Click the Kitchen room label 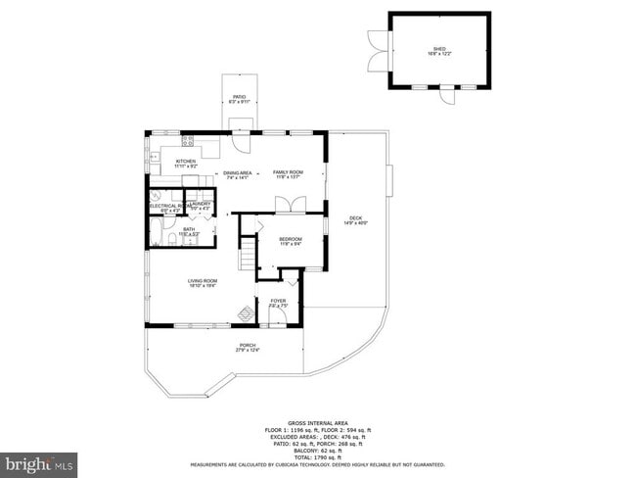point(185,162)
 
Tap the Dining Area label point(239,172)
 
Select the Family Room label point(288,172)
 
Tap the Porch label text point(247,345)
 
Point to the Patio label point(239,97)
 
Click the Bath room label point(189,229)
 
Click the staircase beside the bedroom point(250,256)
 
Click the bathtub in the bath point(156,233)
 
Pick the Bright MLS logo point(39,461)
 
